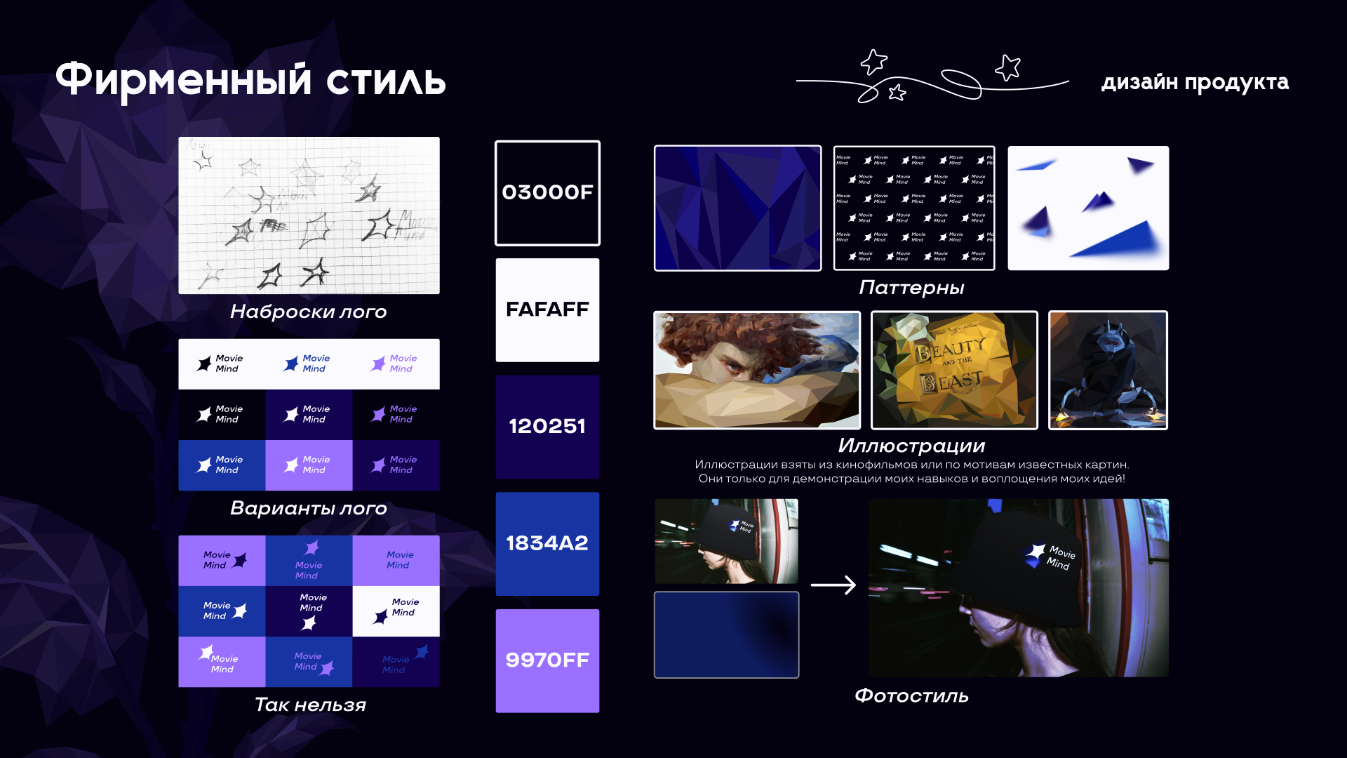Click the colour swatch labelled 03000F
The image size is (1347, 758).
click(x=547, y=193)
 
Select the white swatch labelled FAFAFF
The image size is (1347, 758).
click(x=547, y=310)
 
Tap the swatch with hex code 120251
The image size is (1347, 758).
click(x=547, y=427)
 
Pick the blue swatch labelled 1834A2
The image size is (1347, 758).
click(x=547, y=543)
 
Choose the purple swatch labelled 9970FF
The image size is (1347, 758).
click(x=547, y=660)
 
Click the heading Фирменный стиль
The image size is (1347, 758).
click(x=250, y=79)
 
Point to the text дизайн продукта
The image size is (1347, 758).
click(x=1195, y=82)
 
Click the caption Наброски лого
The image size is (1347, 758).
click(x=309, y=312)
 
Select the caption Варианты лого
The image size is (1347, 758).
click(x=309, y=508)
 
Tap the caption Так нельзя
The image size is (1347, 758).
click(x=310, y=705)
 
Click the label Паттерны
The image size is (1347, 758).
click(x=911, y=288)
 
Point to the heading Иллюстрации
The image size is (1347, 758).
click(x=911, y=446)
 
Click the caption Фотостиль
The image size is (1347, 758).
click(x=911, y=696)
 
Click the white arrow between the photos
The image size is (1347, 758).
click(x=833, y=585)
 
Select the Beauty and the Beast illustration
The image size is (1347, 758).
click(x=954, y=370)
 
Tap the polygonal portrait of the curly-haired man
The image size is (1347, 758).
click(x=757, y=370)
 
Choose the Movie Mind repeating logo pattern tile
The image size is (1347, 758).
click(x=914, y=208)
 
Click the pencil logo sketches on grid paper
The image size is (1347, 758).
click(x=309, y=215)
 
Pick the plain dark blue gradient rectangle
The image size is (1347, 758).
click(x=726, y=634)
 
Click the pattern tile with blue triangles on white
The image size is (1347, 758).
click(x=1088, y=208)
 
